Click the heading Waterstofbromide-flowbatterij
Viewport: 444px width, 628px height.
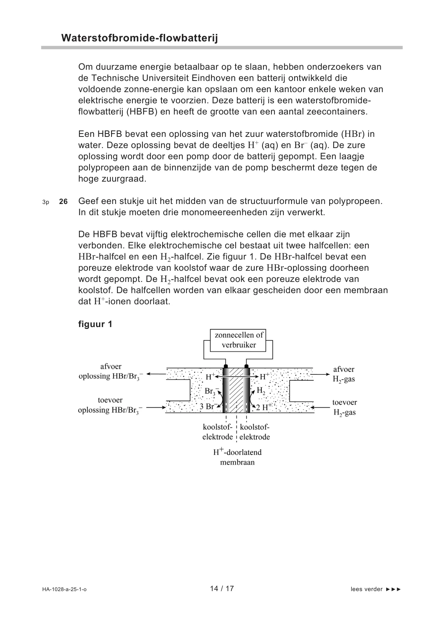(139, 38)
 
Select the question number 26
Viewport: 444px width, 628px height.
(63, 202)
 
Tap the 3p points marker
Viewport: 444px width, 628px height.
(45, 202)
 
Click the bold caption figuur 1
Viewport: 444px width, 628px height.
(95, 324)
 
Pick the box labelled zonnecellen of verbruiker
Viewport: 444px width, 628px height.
(239, 340)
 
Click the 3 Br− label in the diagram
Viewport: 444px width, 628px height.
(207, 406)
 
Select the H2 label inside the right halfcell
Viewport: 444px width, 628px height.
(261, 391)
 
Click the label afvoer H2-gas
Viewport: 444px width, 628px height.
(344, 374)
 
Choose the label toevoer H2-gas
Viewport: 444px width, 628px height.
(344, 407)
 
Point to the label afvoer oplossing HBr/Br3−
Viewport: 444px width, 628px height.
(111, 371)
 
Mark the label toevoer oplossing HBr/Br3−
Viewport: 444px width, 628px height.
(110, 405)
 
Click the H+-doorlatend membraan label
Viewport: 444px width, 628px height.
(237, 457)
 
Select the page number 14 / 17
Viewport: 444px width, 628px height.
(222, 588)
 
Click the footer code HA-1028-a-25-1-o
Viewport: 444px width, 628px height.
(64, 589)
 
